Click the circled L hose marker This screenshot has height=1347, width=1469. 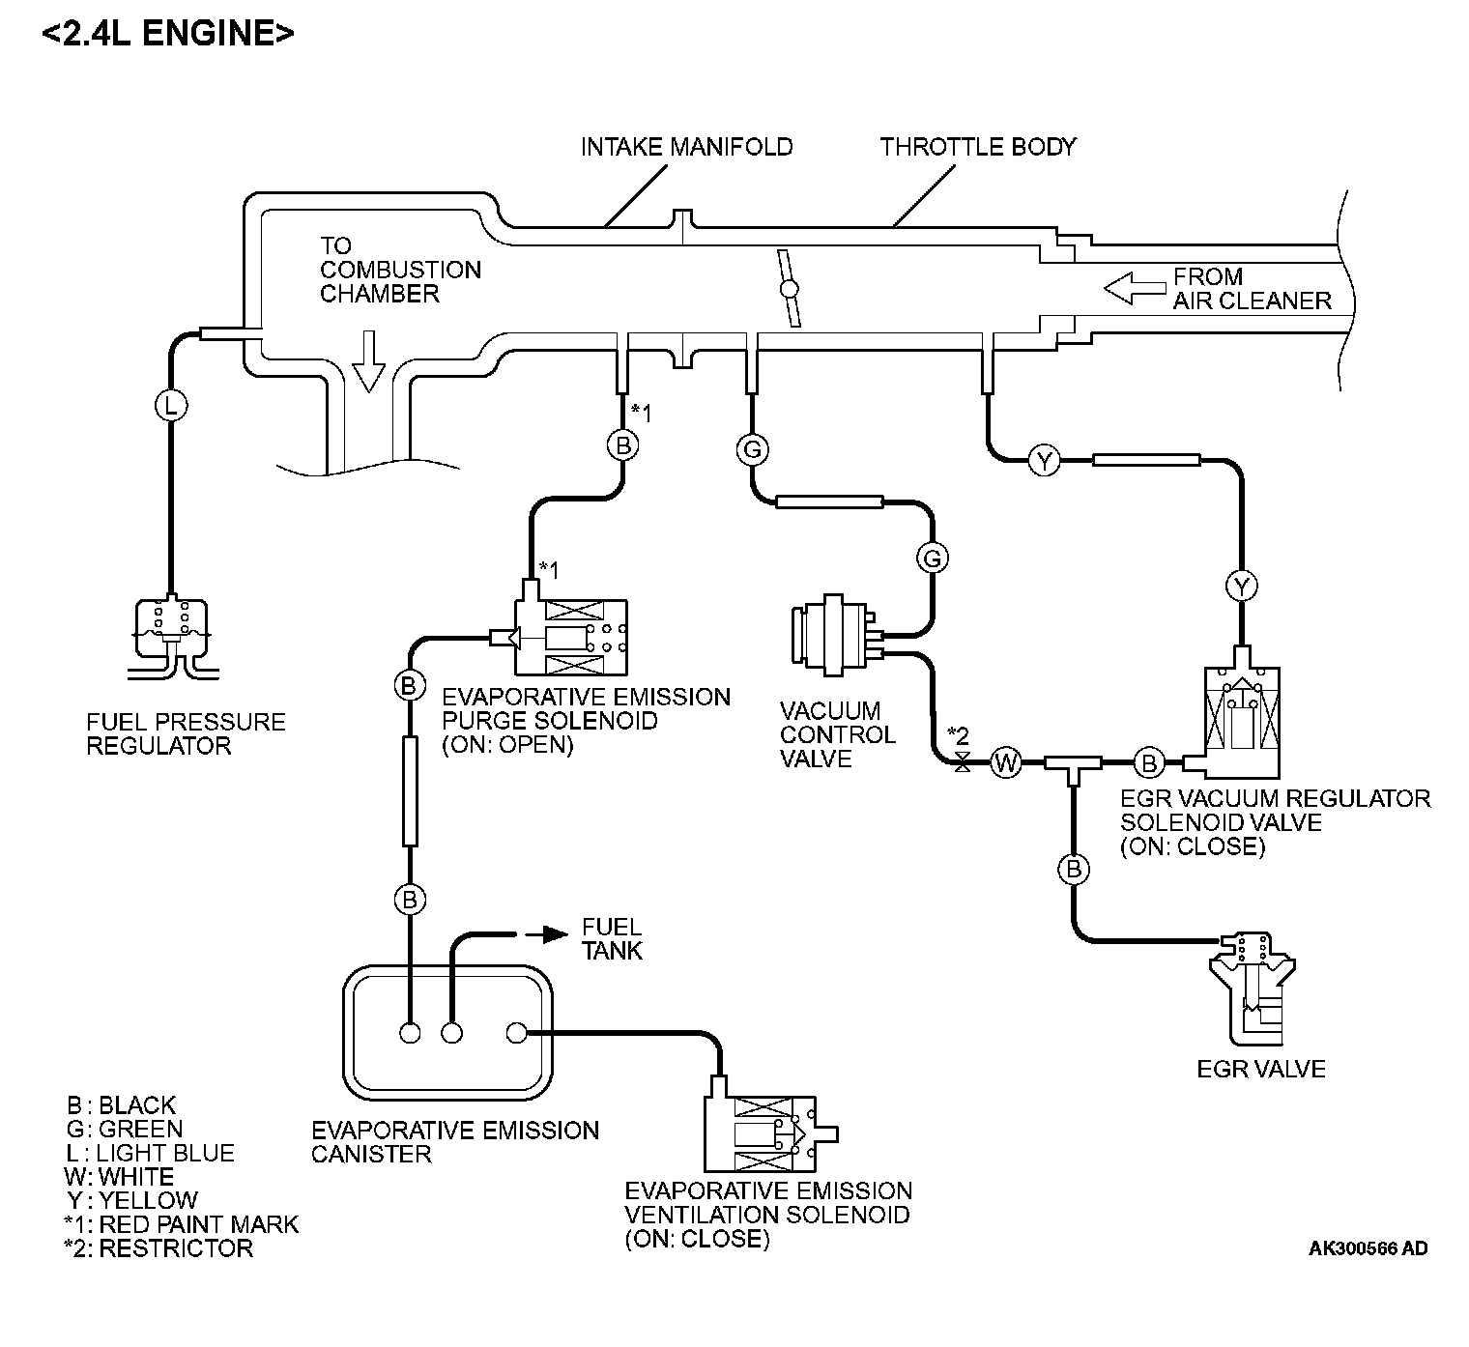(171, 406)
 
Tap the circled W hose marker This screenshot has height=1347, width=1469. (1006, 763)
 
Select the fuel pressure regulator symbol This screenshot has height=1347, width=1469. (171, 633)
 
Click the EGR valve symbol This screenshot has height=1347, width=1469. (1253, 986)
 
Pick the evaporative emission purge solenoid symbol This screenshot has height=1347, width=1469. (572, 635)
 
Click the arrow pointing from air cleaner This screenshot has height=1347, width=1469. (1133, 288)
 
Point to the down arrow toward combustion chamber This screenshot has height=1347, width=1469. (368, 361)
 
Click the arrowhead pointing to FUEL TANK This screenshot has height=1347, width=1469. (553, 933)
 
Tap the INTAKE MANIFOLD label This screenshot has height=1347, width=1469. (686, 147)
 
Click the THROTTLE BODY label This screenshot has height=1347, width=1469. (977, 147)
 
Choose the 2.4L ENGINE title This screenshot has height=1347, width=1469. (168, 33)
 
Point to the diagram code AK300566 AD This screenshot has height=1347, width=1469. (1368, 1248)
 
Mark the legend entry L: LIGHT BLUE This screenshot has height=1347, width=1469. (150, 1153)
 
